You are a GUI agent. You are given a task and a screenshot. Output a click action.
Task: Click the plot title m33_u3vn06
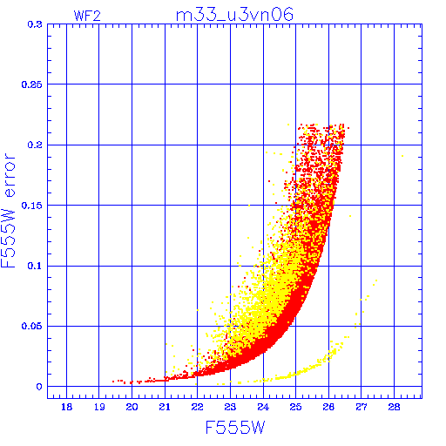pyautogui.click(x=234, y=15)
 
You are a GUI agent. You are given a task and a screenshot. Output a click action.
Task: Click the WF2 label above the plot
pyautogui.click(x=87, y=16)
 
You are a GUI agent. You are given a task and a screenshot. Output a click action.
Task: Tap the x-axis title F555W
pyautogui.click(x=235, y=428)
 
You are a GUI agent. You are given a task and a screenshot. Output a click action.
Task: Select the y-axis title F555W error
pyautogui.click(x=9, y=211)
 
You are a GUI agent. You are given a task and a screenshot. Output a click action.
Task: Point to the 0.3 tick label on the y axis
pyautogui.click(x=35, y=24)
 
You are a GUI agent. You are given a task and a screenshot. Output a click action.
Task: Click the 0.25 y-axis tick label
pyautogui.click(x=32, y=84)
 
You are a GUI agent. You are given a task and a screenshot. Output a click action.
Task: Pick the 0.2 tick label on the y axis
pyautogui.click(x=35, y=145)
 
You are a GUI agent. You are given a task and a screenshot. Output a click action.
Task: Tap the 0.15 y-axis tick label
pyautogui.click(x=32, y=206)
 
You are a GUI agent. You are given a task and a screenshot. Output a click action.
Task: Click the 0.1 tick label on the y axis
pyautogui.click(x=35, y=266)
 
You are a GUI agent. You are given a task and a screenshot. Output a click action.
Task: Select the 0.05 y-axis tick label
pyautogui.click(x=32, y=326)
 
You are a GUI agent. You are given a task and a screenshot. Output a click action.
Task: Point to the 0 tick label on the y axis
pyautogui.click(x=39, y=387)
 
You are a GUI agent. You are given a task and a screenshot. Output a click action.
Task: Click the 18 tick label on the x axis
pyautogui.click(x=67, y=407)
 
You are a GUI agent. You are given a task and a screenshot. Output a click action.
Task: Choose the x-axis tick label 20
pyautogui.click(x=132, y=407)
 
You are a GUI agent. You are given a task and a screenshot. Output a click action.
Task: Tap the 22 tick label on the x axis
pyautogui.click(x=198, y=407)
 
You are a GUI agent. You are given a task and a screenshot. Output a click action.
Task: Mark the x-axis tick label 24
pyautogui.click(x=263, y=407)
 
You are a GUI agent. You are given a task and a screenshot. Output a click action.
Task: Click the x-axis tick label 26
pyautogui.click(x=328, y=407)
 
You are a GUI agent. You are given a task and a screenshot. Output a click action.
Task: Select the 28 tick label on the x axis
pyautogui.click(x=394, y=407)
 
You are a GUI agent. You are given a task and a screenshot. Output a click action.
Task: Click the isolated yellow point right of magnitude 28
pyautogui.click(x=402, y=156)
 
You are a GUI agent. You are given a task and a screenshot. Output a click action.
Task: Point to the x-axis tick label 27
pyautogui.click(x=362, y=407)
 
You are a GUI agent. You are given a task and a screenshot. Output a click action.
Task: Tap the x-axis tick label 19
pyautogui.click(x=99, y=407)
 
